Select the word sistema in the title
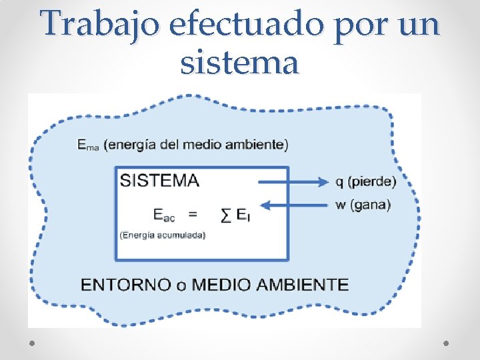coord(239,63)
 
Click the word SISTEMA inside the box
coord(159,181)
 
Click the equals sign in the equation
coord(193,214)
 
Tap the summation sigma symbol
coord(227,214)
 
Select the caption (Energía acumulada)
coord(163,235)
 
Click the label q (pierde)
coord(365,181)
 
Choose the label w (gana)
coord(363,205)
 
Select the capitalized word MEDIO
coord(219,285)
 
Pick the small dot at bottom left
coord(33,342)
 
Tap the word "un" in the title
coord(420,26)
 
